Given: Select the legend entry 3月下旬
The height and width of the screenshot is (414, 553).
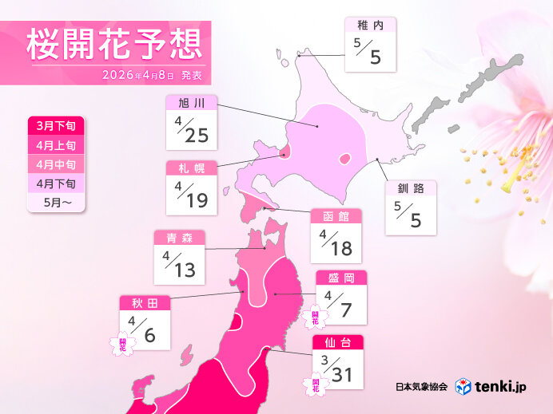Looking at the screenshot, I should [x=54, y=126].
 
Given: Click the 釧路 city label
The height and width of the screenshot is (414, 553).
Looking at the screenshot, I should [x=410, y=189].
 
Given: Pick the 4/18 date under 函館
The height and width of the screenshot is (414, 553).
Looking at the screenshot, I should [x=336, y=242].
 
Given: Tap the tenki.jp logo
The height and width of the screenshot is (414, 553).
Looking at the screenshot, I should [x=491, y=387].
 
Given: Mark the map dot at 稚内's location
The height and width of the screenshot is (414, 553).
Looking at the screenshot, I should [x=299, y=55].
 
